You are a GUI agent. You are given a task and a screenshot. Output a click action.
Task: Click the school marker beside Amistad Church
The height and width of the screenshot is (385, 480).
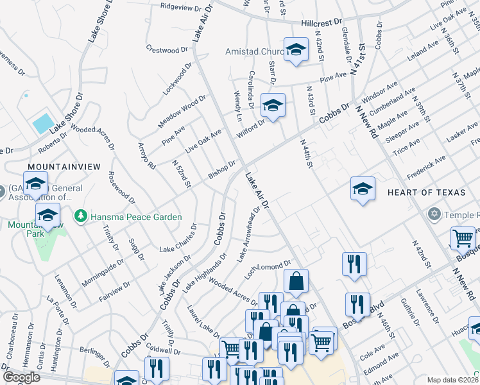296,49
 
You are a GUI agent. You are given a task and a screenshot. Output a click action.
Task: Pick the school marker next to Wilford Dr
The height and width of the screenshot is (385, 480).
273,105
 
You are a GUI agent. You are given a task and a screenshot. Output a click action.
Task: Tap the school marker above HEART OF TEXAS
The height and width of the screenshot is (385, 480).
363,189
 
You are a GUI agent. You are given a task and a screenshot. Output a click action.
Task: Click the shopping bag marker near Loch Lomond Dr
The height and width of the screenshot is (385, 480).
296,281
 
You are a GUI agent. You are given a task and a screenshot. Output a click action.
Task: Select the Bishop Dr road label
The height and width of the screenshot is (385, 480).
223,170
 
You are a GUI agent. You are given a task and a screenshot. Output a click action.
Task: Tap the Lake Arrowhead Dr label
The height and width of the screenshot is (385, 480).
249,234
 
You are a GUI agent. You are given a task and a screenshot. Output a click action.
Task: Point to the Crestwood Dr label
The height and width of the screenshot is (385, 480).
166,48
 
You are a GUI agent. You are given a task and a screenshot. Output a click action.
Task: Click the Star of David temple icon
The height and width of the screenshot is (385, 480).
434,213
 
